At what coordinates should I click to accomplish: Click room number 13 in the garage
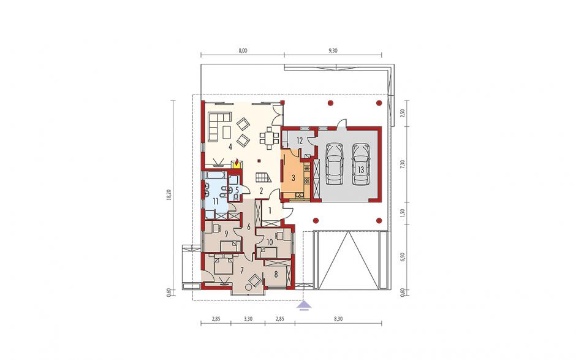pos(360,169)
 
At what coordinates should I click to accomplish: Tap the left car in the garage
pos(335,164)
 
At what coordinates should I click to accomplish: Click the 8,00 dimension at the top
pos(242,51)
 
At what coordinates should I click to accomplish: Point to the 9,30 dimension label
pos(333,51)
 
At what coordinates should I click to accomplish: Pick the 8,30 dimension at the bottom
pos(338,319)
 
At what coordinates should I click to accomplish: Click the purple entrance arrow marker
pos(304,306)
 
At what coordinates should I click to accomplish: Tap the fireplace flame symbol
pos(238,162)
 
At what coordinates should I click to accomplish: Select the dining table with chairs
pos(270,138)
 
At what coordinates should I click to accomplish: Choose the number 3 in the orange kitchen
pos(293,178)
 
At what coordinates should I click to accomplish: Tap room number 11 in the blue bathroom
pos(215,201)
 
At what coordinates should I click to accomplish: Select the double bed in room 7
pos(223,265)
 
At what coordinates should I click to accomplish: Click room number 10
pos(269,242)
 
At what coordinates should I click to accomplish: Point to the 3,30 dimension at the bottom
pos(248,319)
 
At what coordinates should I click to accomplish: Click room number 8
pos(276,274)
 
